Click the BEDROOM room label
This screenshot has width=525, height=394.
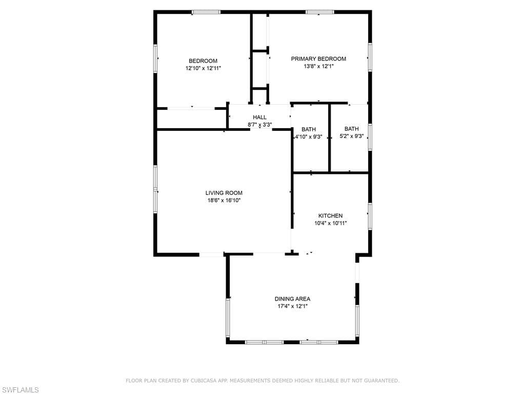[x=203, y=61]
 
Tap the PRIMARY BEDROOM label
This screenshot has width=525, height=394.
[x=318, y=59]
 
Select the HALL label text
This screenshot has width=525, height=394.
[x=260, y=117]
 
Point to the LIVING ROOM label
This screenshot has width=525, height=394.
[x=224, y=193]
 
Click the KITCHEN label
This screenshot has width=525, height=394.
[x=331, y=216]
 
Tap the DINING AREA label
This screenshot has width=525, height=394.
[x=293, y=299]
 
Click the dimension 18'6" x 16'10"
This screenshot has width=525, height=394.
[x=224, y=201]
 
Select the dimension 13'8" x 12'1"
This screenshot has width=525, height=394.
[x=319, y=66]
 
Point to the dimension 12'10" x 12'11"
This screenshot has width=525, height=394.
[x=203, y=68]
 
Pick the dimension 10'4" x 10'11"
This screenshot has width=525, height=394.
[x=331, y=223]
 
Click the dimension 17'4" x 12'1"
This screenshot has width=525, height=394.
[x=293, y=306]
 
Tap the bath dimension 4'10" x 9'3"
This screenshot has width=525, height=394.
[x=309, y=136]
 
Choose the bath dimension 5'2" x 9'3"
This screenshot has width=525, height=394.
[x=352, y=136]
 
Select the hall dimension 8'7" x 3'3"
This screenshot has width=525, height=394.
[x=260, y=125]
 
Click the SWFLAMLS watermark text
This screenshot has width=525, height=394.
[x=19, y=390]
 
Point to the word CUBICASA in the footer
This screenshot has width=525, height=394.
[x=203, y=381]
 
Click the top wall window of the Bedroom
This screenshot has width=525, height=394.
[x=206, y=12]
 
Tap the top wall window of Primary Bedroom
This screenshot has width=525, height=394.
[x=320, y=12]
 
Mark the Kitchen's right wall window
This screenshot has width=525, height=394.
[x=370, y=216]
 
